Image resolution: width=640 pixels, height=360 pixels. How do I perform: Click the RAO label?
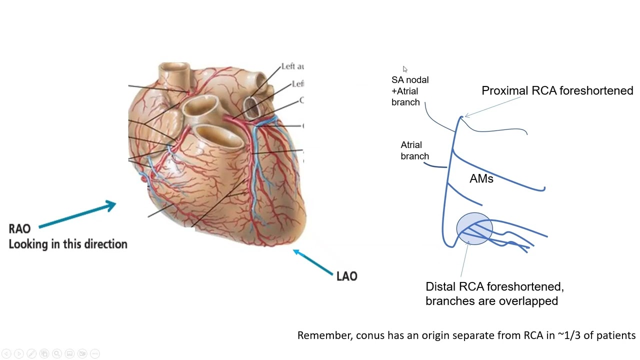19,228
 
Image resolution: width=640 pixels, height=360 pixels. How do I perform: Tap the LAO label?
346,276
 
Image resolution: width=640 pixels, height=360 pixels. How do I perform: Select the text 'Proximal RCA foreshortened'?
557,90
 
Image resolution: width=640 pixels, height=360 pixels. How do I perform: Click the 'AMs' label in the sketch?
481,178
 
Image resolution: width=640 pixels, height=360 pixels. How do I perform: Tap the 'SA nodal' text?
409,79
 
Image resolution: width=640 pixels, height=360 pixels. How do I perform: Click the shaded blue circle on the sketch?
474,229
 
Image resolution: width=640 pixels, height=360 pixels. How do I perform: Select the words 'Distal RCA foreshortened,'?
494,286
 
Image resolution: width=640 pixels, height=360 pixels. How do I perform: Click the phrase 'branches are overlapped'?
491,300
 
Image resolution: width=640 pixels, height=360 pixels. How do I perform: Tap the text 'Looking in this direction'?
68,244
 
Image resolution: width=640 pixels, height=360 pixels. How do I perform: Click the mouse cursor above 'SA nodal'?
405,69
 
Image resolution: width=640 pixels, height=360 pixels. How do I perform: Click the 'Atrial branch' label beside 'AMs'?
414,150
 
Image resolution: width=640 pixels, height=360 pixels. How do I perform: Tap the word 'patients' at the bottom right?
616,335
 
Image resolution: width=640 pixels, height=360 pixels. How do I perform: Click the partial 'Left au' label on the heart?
292,66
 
